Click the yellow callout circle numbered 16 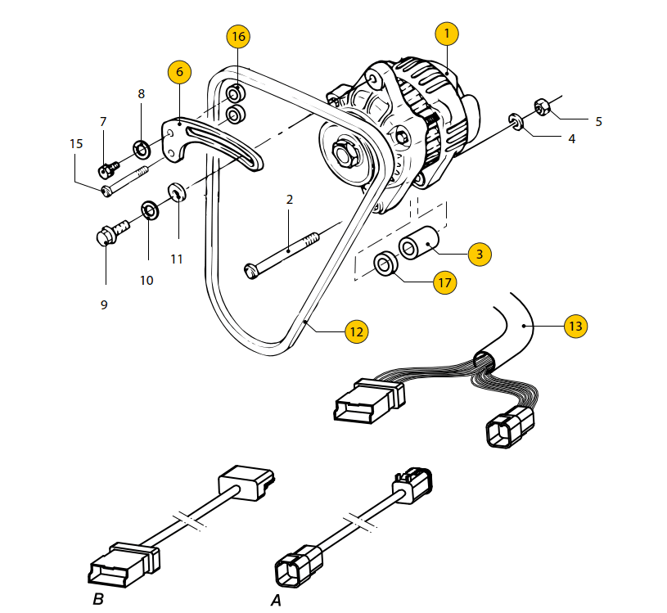[238, 37]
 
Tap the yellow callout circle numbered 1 [447, 34]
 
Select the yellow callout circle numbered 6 [179, 71]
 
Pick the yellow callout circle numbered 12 [357, 331]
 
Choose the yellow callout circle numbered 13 [575, 326]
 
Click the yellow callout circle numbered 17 [445, 282]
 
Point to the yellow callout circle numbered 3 [480, 254]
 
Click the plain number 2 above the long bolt [290, 200]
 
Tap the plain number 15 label [76, 144]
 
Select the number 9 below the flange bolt [104, 304]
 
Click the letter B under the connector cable [98, 599]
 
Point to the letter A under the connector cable [276, 600]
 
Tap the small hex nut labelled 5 [542, 106]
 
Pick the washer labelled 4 [516, 122]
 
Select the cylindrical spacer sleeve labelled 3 [418, 243]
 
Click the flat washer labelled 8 [141, 149]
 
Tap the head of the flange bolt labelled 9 [105, 236]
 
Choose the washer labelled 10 [150, 210]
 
